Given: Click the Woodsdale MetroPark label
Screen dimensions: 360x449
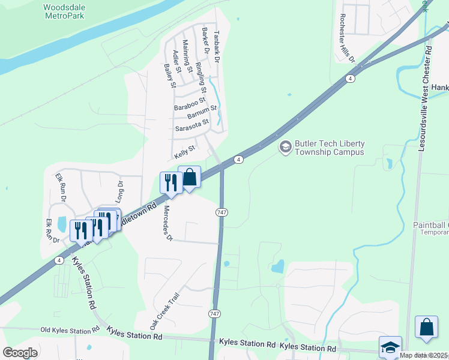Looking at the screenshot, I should pyautogui.click(x=64, y=11).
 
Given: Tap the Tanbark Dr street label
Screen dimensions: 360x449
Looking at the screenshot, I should pyautogui.click(x=217, y=47).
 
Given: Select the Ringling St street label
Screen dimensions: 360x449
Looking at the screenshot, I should pyautogui.click(x=202, y=77).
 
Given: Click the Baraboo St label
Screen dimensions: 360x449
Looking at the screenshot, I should pyautogui.click(x=190, y=103).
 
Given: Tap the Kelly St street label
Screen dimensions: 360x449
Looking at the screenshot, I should pyautogui.click(x=185, y=152).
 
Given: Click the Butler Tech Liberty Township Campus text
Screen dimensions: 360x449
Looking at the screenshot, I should pyautogui.click(x=330, y=148).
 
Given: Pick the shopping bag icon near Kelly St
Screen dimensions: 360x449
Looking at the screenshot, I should pyautogui.click(x=190, y=177).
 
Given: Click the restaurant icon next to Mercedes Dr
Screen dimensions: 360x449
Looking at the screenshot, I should pyautogui.click(x=170, y=182).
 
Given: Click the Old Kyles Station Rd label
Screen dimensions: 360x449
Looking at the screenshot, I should pyautogui.click(x=70, y=330).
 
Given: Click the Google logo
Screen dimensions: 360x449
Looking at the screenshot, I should pyautogui.click(x=20, y=352).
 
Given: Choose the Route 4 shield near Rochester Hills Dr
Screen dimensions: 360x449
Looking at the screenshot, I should pyautogui.click(x=350, y=79).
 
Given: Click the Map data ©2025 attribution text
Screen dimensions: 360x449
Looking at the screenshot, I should pyautogui.click(x=424, y=355).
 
